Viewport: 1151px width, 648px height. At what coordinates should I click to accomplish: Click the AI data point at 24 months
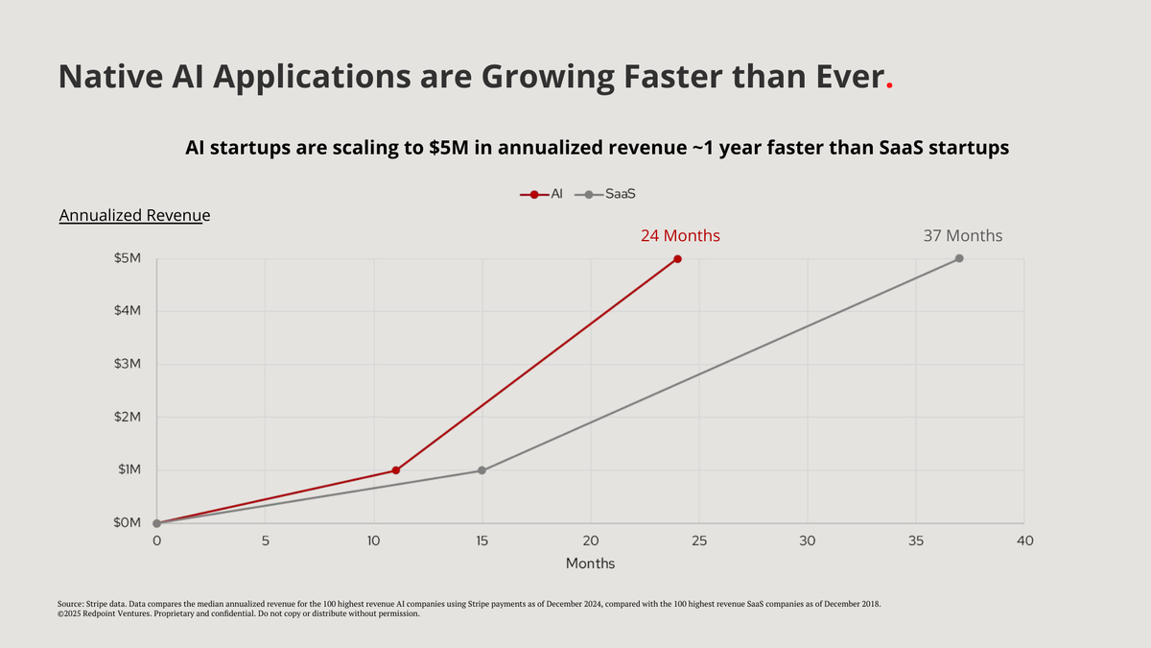[677, 259]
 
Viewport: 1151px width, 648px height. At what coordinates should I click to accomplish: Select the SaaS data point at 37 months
[959, 259]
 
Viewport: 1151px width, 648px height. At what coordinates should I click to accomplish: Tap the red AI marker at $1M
[395, 470]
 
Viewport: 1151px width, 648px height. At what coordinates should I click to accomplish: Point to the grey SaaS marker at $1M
[482, 470]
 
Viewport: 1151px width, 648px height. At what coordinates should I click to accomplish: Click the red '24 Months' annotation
[680, 235]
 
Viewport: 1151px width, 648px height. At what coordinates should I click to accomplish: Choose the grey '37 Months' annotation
[962, 235]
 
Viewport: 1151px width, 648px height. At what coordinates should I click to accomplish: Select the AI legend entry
[542, 194]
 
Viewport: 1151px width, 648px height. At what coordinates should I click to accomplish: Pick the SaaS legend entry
[610, 194]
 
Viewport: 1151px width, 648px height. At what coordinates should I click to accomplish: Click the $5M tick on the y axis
[127, 259]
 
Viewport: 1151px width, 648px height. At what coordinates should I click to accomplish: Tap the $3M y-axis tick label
[127, 365]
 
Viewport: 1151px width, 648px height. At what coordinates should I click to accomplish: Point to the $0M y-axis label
[127, 523]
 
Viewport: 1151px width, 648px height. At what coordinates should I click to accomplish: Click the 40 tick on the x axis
[1024, 541]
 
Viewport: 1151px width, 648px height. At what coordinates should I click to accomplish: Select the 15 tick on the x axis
[482, 541]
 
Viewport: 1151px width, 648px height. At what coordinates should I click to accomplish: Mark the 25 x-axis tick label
[699, 541]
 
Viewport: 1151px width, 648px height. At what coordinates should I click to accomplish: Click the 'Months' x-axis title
[590, 564]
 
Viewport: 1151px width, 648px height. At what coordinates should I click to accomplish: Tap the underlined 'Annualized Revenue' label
[134, 216]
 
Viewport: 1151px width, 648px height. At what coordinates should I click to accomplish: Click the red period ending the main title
[889, 85]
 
